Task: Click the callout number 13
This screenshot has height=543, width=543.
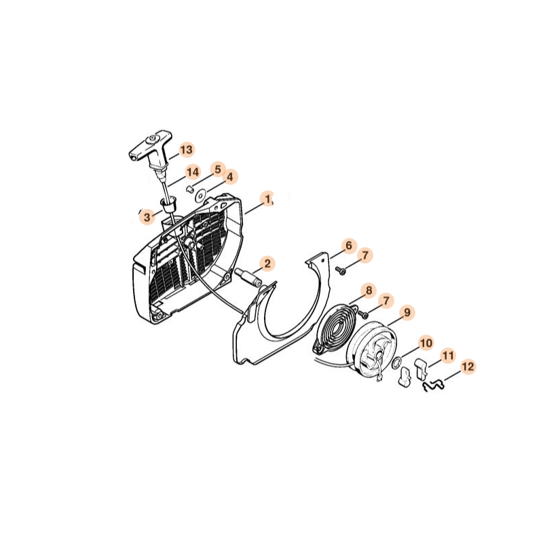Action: tap(186, 150)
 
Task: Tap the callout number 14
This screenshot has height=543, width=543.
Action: tap(193, 172)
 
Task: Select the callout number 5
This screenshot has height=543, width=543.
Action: tap(218, 170)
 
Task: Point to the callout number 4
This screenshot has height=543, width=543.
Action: tap(230, 177)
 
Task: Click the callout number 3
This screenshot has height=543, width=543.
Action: tap(147, 217)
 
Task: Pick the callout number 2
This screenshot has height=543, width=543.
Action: tap(267, 263)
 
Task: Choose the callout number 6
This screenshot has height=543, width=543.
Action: tap(349, 246)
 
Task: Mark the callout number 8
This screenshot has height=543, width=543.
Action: tap(369, 291)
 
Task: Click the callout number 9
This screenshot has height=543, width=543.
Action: tap(407, 312)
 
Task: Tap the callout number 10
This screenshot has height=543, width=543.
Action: tap(426, 343)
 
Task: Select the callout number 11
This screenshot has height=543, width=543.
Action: tap(448, 355)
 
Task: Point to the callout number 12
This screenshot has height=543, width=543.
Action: tap(468, 367)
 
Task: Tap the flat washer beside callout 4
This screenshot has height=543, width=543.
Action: tap(200, 195)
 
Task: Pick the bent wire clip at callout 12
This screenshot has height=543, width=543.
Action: tap(433, 386)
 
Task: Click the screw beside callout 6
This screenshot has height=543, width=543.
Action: tap(341, 270)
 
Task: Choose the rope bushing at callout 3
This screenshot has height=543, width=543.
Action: tap(169, 206)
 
